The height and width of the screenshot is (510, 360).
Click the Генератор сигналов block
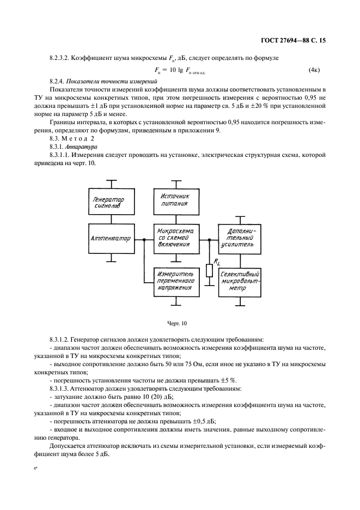[111, 203]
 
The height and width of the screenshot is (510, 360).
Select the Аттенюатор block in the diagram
[111, 239]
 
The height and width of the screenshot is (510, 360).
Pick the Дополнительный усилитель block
[239, 239]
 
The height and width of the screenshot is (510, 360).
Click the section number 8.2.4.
[58, 81]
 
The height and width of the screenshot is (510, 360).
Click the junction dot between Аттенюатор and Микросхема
[143, 239]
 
